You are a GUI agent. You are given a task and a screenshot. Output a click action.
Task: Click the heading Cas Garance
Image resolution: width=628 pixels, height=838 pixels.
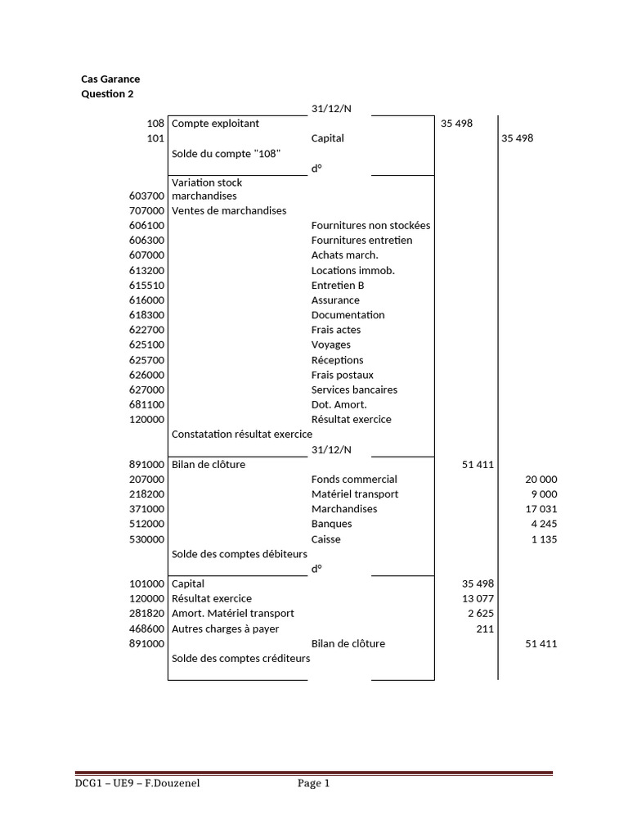point(110,79)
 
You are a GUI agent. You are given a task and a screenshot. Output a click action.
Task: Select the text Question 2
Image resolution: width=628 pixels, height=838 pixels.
point(107,94)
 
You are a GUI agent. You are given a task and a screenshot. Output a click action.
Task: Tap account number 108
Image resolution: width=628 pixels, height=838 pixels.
point(156,124)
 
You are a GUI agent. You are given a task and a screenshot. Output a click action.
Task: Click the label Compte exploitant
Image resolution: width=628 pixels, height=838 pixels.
point(215,124)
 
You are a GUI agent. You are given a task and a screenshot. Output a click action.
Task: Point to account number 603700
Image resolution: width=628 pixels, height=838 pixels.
point(147,196)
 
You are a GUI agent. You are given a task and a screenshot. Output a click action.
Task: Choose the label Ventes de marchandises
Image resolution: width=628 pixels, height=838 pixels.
point(229,211)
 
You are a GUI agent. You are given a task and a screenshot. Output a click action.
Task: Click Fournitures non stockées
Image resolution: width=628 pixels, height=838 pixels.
point(370,226)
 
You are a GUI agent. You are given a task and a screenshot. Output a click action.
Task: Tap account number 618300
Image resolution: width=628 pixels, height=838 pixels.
point(147,315)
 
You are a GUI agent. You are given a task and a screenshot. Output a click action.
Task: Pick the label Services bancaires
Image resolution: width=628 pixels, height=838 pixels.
point(354,390)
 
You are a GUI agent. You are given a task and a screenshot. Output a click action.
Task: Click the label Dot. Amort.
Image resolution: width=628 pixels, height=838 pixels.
point(339,405)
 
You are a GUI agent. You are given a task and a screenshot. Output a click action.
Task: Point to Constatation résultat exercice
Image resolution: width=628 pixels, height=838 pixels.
point(241,435)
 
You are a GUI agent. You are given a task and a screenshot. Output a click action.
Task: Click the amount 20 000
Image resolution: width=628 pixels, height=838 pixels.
point(541,480)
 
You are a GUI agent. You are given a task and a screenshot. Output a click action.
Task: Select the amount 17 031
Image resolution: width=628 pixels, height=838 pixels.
point(541,509)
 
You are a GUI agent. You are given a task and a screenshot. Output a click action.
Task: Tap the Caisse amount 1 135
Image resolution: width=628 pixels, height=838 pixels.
point(544,539)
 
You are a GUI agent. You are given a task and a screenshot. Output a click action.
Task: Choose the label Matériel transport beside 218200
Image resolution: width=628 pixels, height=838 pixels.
point(355,494)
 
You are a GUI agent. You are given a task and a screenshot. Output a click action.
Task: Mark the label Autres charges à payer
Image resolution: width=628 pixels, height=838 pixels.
point(225,629)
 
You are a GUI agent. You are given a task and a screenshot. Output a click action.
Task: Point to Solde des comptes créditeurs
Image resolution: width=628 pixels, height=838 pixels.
point(240,659)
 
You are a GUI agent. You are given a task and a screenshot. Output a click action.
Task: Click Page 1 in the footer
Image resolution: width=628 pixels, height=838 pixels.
point(313,784)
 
